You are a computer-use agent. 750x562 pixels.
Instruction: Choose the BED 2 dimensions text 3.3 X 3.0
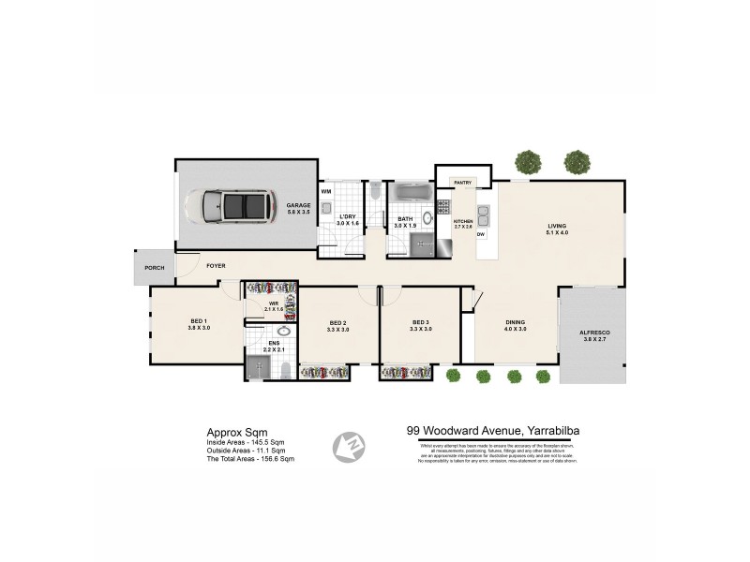tap(338, 330)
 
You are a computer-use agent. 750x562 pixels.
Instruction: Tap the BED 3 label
tap(420, 323)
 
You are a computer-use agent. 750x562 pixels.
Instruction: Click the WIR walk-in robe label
tap(274, 303)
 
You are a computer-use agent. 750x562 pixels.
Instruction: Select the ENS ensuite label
tap(273, 344)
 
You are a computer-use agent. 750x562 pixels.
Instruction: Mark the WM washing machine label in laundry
tap(327, 191)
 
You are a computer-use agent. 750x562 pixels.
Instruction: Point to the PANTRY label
tap(462, 182)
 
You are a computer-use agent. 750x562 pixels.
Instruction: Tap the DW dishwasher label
tap(481, 234)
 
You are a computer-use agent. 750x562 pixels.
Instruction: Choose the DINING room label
tap(516, 323)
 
